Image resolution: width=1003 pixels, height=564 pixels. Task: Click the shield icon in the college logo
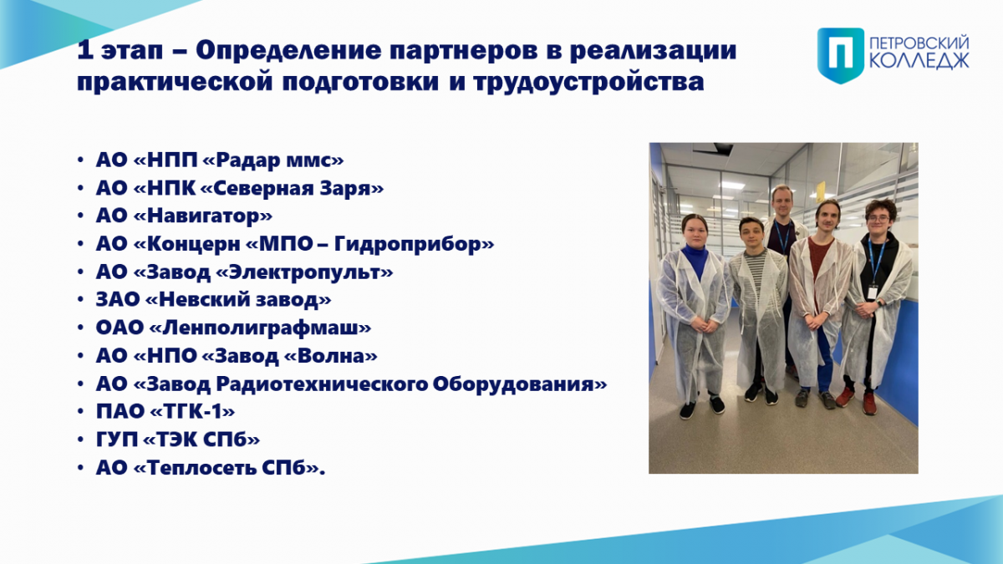click(x=841, y=55)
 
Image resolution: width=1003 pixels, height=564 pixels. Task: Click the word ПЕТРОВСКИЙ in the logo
click(x=919, y=44)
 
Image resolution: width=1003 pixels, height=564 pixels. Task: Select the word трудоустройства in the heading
click(x=588, y=83)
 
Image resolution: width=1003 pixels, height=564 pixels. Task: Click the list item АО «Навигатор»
click(x=184, y=216)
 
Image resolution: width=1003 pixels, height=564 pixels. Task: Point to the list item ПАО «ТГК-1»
click(x=165, y=411)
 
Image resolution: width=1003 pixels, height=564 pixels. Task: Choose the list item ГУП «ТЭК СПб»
click(x=178, y=440)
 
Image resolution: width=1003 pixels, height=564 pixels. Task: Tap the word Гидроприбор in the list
click(x=410, y=244)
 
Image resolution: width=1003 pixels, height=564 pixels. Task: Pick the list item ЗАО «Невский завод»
click(x=214, y=299)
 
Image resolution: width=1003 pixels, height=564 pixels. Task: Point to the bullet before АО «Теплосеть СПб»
click(x=80, y=468)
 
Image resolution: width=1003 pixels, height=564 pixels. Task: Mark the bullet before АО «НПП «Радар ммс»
click(x=80, y=160)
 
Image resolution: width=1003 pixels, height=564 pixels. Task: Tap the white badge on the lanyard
click(x=873, y=292)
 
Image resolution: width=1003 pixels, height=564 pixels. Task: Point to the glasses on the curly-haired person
click(x=878, y=219)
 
